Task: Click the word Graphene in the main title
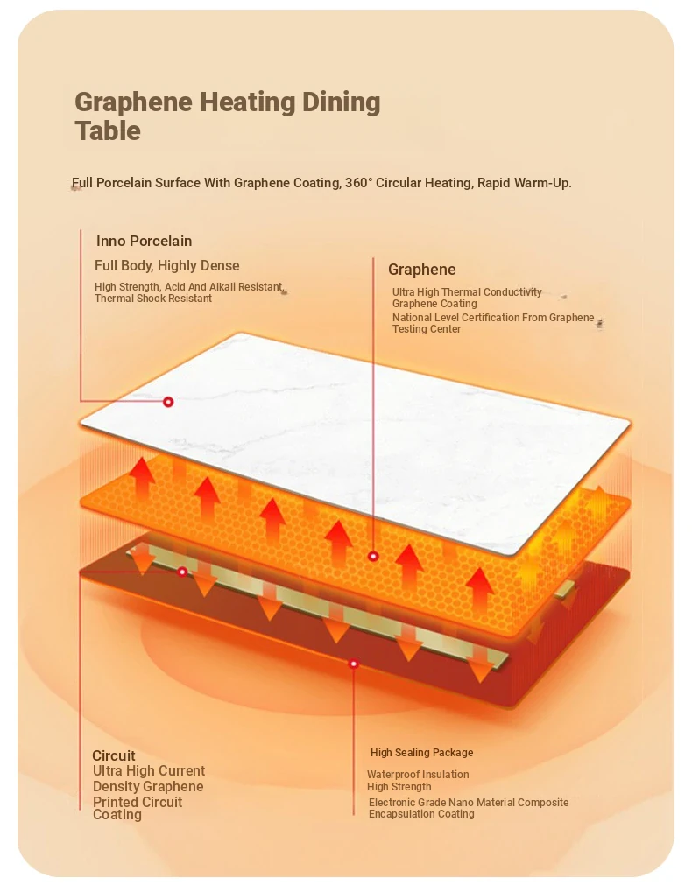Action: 134,103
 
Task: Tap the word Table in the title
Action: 108,130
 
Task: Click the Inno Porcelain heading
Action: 144,242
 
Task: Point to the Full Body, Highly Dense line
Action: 166,265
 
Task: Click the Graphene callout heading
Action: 421,270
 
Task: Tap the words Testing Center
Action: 427,329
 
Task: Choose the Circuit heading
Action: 114,755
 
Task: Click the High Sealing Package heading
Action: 421,753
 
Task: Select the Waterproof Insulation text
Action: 418,774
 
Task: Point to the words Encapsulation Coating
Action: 421,814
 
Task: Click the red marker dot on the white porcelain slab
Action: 168,402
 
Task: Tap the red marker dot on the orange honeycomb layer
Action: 373,556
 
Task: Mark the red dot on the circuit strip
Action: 182,571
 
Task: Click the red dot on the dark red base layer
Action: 353,664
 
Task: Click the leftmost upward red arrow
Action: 142,478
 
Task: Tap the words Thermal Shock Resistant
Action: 153,299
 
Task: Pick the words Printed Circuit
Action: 138,802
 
